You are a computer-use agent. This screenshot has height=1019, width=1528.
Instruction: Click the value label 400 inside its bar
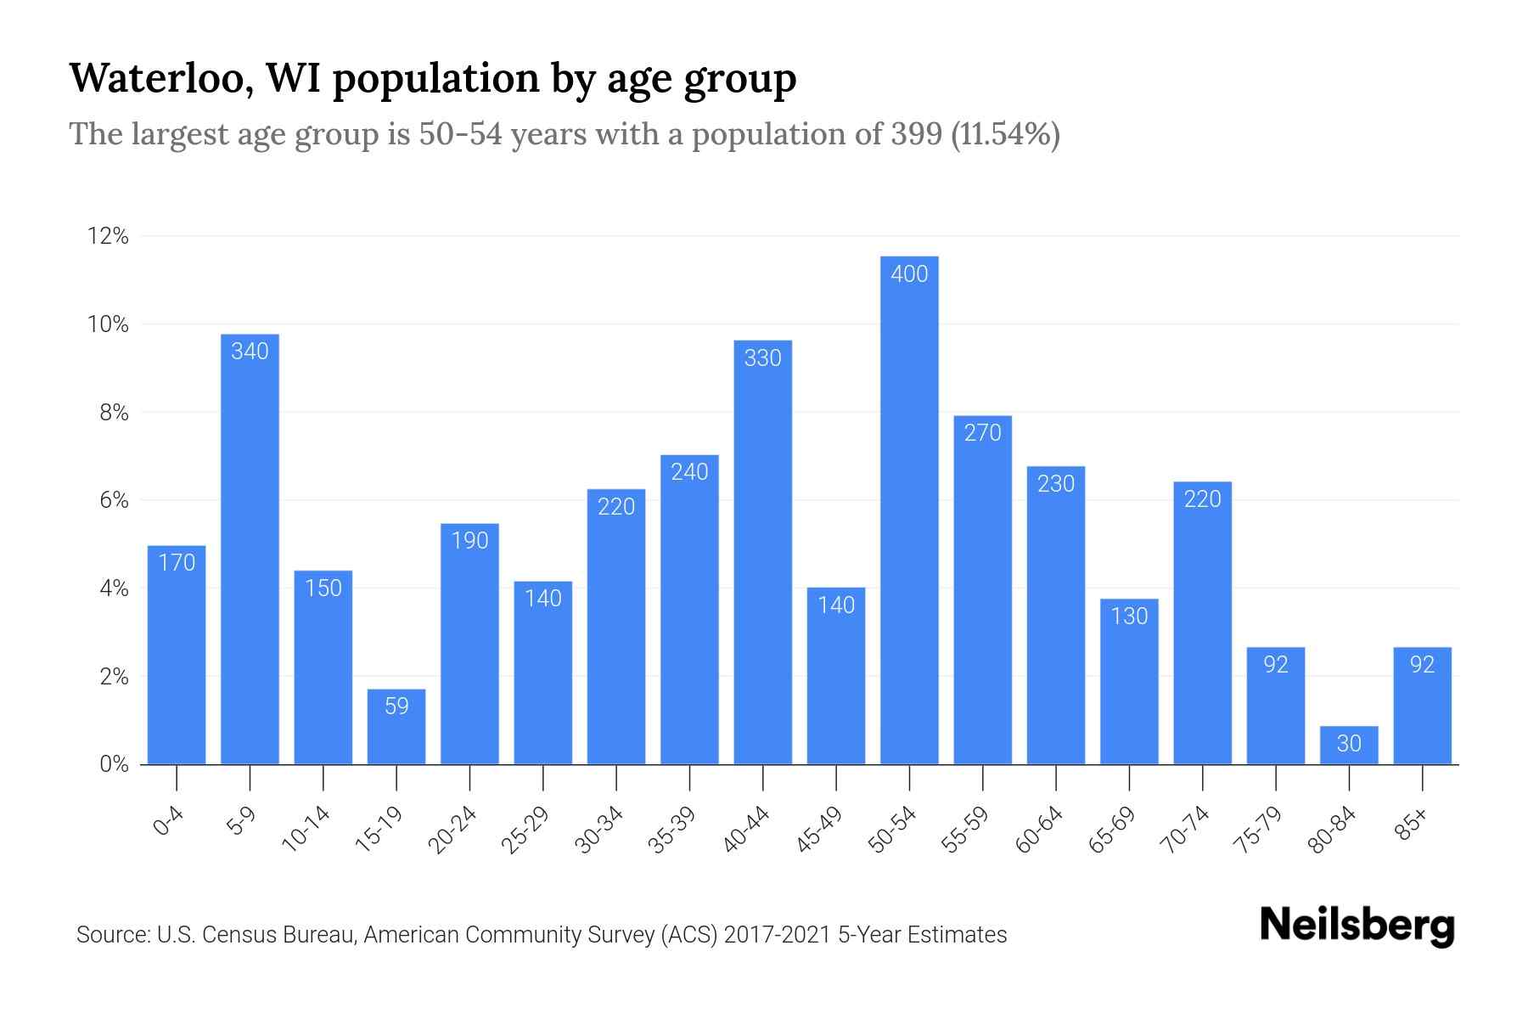tap(909, 273)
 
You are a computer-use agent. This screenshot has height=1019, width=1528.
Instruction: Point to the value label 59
tap(396, 706)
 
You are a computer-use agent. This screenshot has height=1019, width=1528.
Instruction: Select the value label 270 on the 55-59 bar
tap(982, 433)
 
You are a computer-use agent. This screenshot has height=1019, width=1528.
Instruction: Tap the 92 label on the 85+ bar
tap(1422, 664)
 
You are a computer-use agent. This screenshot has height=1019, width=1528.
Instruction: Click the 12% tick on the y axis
tap(108, 236)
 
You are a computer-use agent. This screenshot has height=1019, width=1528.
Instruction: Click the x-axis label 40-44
tap(746, 830)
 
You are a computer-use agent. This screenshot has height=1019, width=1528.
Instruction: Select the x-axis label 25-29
tap(526, 830)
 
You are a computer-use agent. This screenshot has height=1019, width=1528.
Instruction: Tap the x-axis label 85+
tap(1412, 825)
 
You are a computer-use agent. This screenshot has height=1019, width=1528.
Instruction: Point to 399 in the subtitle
tap(916, 134)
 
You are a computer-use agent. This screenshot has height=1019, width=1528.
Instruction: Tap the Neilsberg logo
tap(1357, 926)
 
